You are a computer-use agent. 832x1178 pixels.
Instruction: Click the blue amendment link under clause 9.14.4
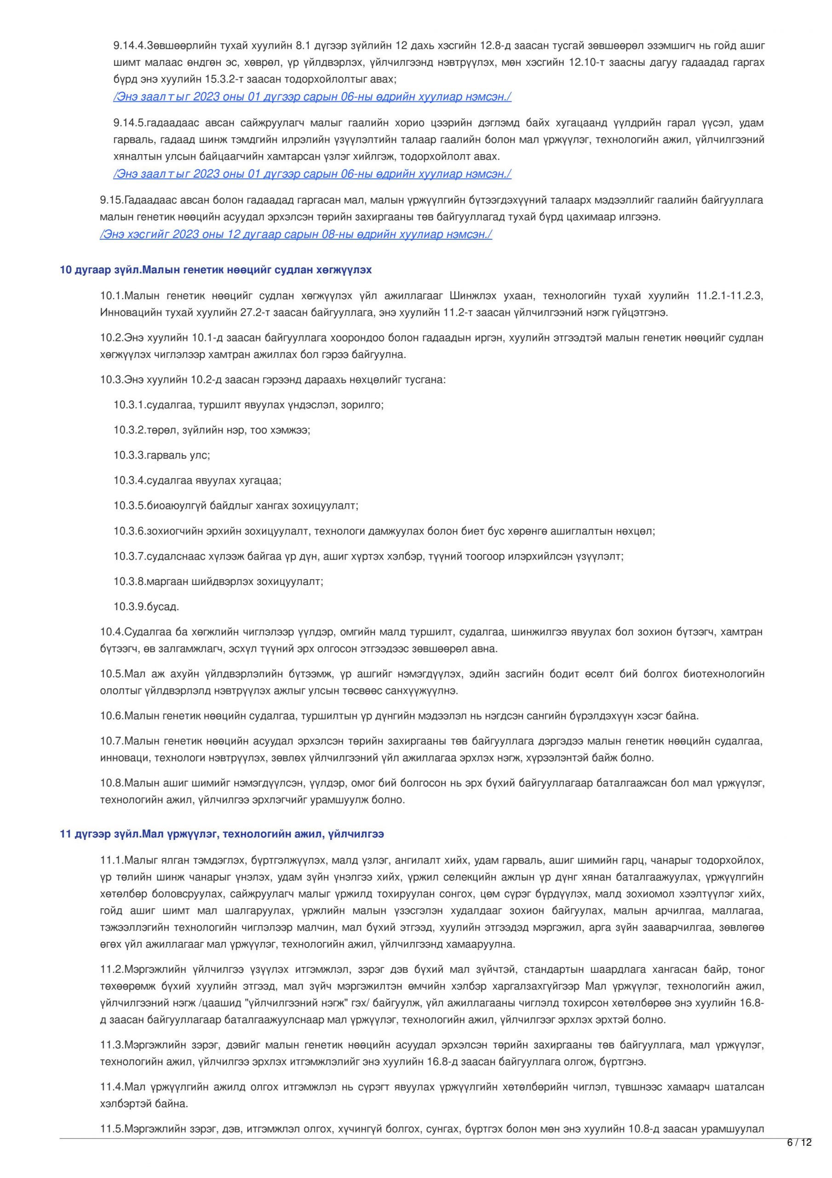pyautogui.click(x=312, y=97)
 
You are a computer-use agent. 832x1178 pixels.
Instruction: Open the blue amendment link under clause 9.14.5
pyautogui.click(x=312, y=174)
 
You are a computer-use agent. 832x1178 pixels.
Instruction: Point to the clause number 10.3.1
pyautogui.click(x=129, y=405)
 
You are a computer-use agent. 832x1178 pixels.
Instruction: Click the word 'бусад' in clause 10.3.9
pyautogui.click(x=163, y=607)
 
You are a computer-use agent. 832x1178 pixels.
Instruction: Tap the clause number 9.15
pyautogui.click(x=111, y=200)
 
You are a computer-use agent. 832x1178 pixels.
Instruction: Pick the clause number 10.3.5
pyautogui.click(x=129, y=506)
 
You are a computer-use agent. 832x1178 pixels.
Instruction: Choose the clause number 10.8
pyautogui.click(x=111, y=784)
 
